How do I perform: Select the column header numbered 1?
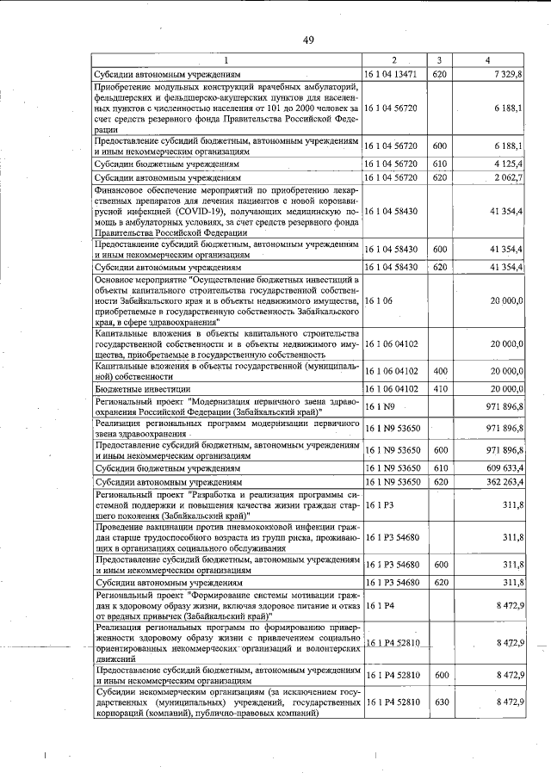(x=227, y=60)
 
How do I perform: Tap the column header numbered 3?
(x=439, y=60)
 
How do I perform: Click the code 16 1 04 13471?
(x=391, y=74)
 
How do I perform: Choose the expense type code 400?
(x=439, y=371)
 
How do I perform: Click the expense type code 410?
(x=439, y=388)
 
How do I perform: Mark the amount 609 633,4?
(x=499, y=467)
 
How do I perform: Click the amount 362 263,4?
(x=499, y=482)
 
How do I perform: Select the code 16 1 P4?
(x=379, y=606)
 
